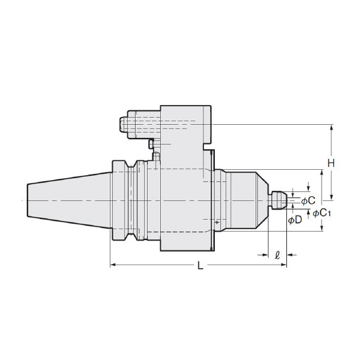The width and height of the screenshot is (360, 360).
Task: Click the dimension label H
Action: coord(330,163)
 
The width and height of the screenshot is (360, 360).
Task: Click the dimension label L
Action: coord(200,266)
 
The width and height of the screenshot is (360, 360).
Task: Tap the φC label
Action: coord(308,200)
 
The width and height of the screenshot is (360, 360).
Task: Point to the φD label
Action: coord(295,220)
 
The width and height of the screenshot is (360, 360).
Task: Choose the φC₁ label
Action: coord(322,213)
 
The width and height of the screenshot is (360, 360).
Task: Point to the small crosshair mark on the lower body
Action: coord(216,222)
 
